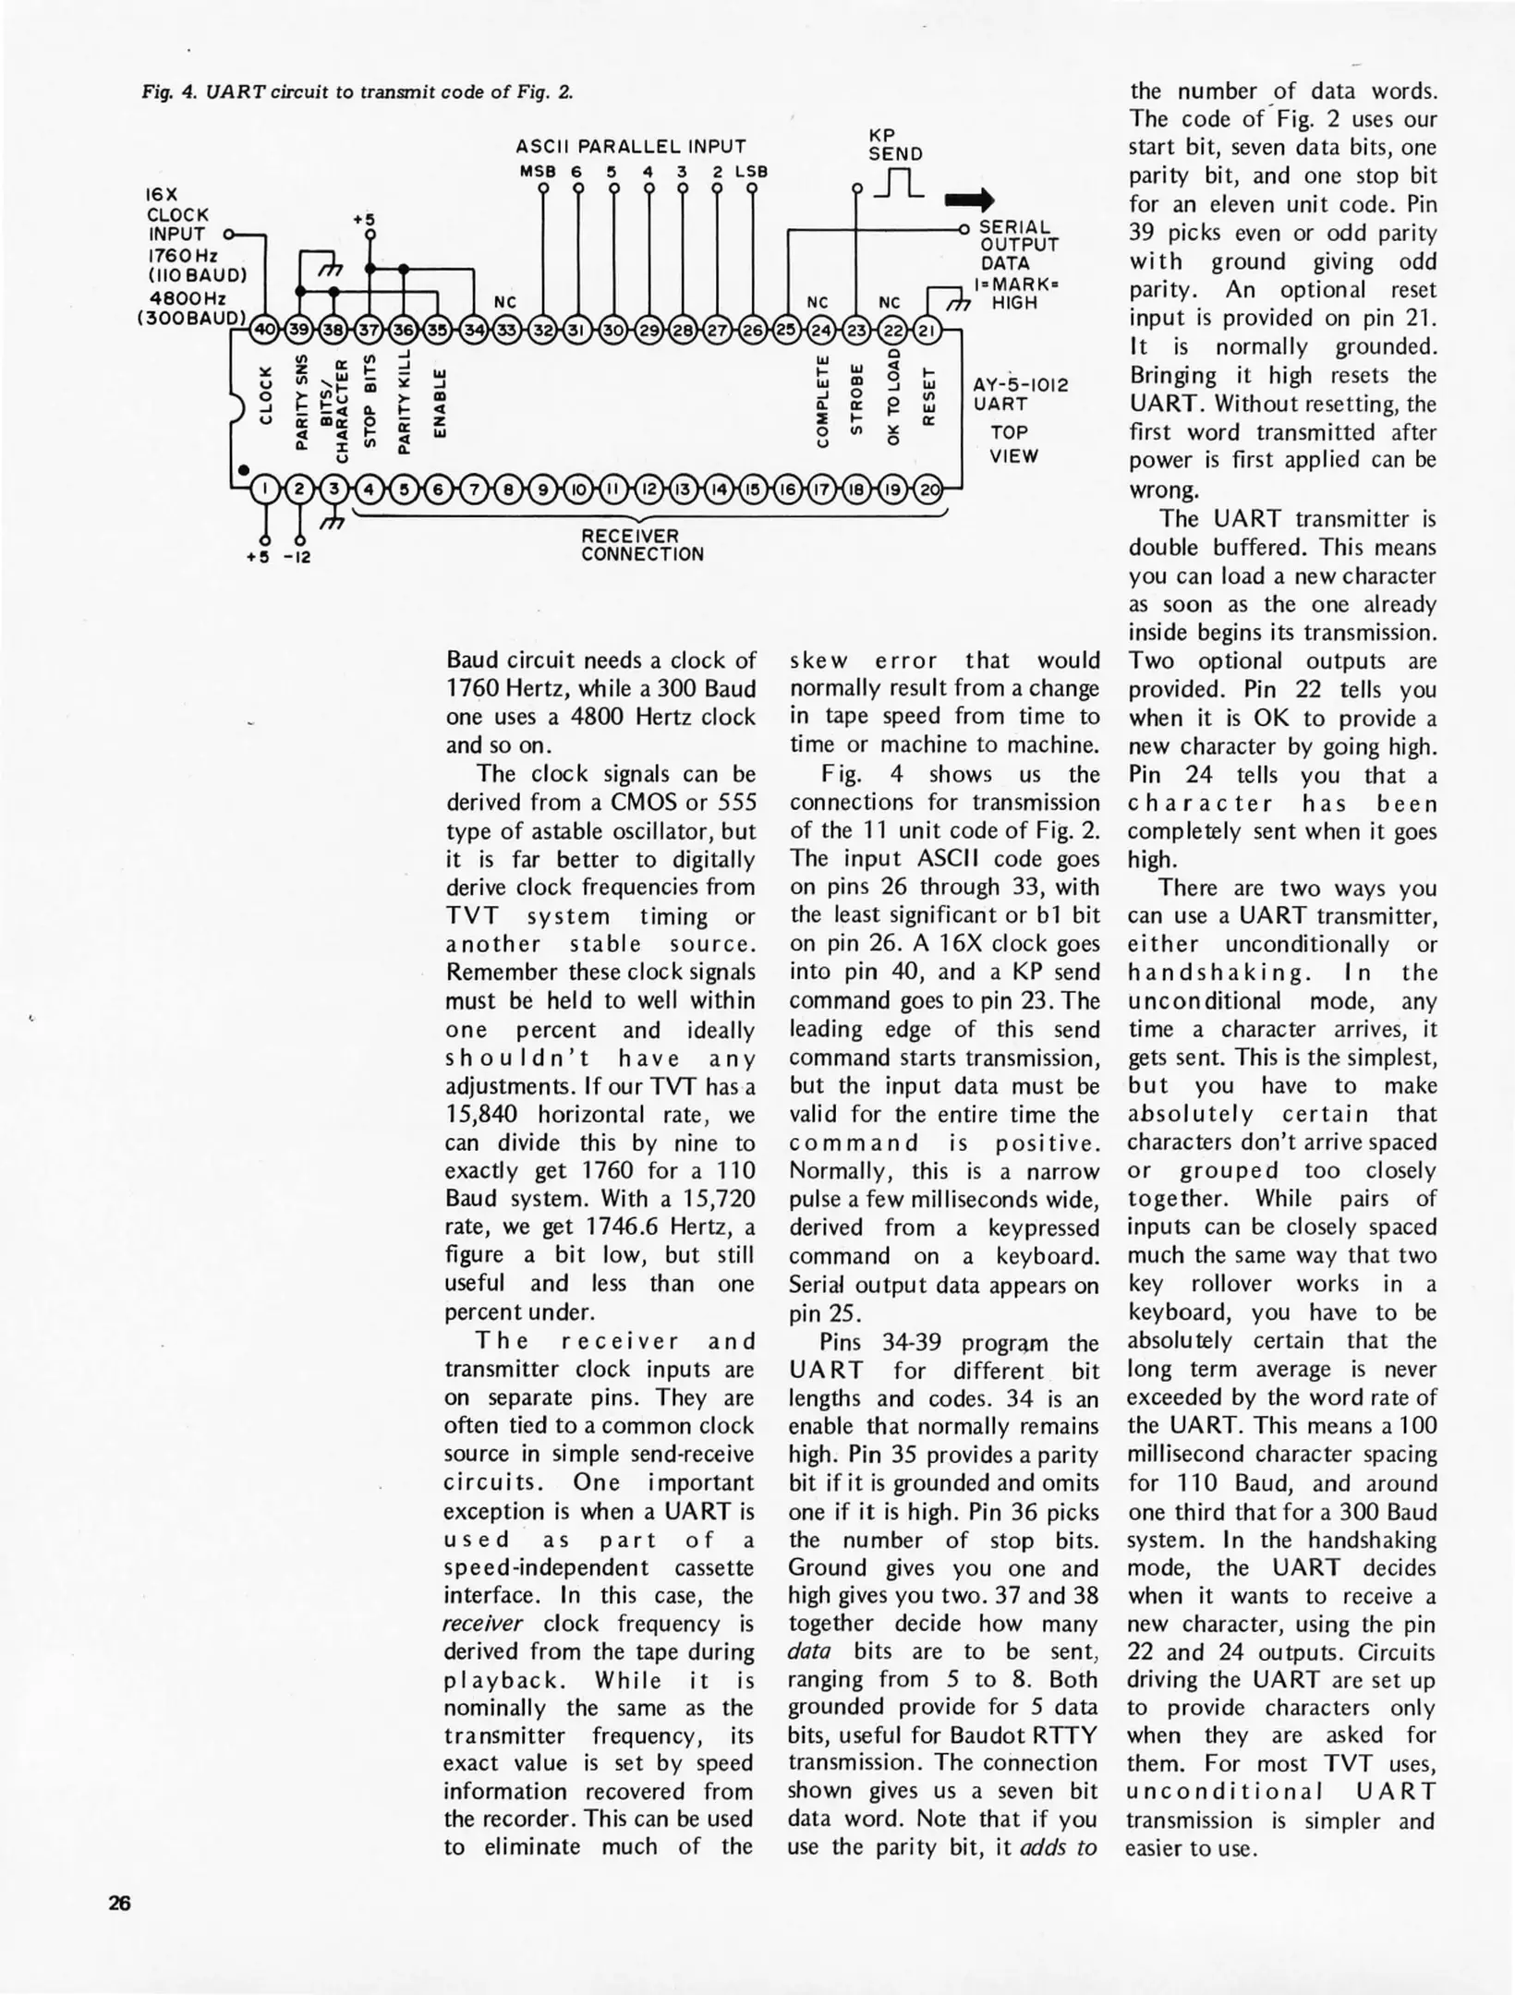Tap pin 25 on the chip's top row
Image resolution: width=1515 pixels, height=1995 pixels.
click(786, 330)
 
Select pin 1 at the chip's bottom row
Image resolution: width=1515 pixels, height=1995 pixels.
click(265, 489)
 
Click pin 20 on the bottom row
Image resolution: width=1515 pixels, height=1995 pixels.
click(930, 489)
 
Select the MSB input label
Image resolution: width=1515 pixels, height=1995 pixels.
click(535, 172)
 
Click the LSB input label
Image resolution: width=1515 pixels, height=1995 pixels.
click(751, 172)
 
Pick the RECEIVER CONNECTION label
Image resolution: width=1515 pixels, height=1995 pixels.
click(642, 545)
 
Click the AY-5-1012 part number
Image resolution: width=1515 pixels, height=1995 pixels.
click(1020, 385)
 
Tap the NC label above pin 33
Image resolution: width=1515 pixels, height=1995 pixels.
click(505, 302)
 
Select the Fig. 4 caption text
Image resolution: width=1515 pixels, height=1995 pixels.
click(357, 91)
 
